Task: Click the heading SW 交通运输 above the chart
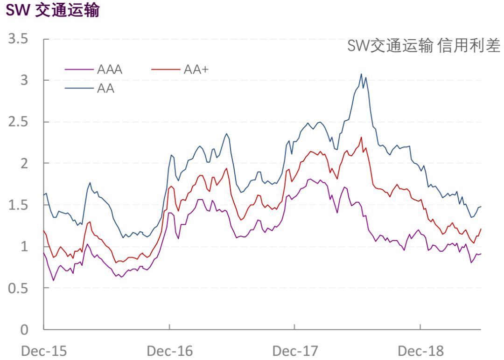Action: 52,11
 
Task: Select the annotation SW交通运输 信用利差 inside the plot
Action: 424,46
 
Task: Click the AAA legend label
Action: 110,70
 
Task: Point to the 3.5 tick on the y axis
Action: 19,39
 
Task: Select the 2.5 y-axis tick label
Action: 19,122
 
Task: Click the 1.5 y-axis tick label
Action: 19,205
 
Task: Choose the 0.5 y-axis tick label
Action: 19,288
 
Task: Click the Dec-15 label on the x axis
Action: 44,350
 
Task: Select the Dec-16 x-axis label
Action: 169,350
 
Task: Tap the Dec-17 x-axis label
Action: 295,350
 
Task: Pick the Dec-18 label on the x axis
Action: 420,350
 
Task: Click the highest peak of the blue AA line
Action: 361,74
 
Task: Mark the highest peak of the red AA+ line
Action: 361,137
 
